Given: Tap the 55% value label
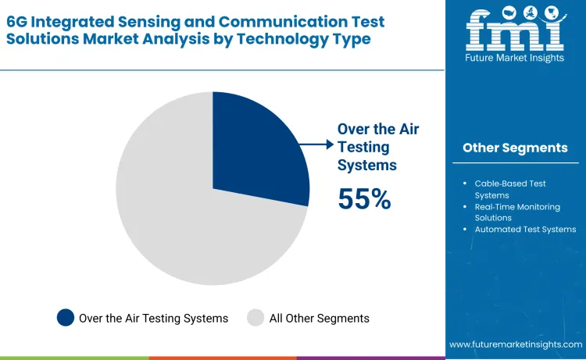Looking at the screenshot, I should (364, 199).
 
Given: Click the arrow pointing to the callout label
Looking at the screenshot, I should (316, 144).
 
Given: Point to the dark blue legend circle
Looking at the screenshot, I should (66, 318).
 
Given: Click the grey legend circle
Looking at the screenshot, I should (255, 318).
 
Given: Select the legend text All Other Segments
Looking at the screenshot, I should (319, 318).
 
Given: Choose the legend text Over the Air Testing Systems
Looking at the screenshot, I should (153, 318).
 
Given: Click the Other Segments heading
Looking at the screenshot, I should (515, 148).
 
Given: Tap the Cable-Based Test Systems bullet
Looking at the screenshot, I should (510, 189).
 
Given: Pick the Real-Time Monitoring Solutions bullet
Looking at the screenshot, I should (515, 212).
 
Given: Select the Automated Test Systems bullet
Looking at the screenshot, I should (525, 230).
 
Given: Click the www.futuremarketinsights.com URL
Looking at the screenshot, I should (516, 344).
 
